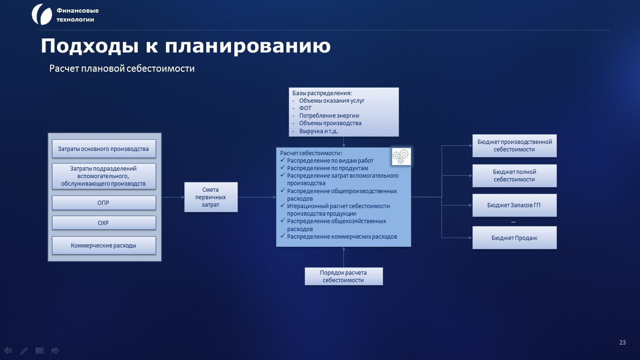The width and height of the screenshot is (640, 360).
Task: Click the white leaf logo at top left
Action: point(42,15)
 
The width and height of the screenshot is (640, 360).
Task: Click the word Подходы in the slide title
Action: point(89,46)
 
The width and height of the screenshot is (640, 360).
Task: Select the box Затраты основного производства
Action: point(104,149)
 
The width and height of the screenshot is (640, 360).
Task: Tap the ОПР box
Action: point(104,202)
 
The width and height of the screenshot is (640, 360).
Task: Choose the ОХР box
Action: point(104,223)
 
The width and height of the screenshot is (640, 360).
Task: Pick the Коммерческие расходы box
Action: point(104,245)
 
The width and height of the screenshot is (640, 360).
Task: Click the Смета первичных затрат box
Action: point(211,197)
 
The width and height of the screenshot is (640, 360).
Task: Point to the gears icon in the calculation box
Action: point(401,157)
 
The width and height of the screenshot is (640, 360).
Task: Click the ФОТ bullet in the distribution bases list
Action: point(305,108)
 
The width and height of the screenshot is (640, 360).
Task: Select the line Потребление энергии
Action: point(329,115)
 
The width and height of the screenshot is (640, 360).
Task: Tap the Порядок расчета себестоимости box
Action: point(344,276)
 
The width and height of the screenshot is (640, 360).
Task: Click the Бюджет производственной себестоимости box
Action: point(514,146)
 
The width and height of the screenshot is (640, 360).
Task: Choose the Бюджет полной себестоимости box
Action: point(514,176)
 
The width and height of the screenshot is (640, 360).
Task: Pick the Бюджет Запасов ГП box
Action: point(514,205)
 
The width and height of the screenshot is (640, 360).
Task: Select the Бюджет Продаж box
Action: point(514,238)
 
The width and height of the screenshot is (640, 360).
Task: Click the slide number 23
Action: point(623,342)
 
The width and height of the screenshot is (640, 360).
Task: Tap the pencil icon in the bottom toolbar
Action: point(24,351)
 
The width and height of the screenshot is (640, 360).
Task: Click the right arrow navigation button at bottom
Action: point(55,350)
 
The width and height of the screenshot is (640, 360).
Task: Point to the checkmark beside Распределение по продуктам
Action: point(283,167)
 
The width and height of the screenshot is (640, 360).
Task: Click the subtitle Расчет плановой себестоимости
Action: point(122,68)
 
